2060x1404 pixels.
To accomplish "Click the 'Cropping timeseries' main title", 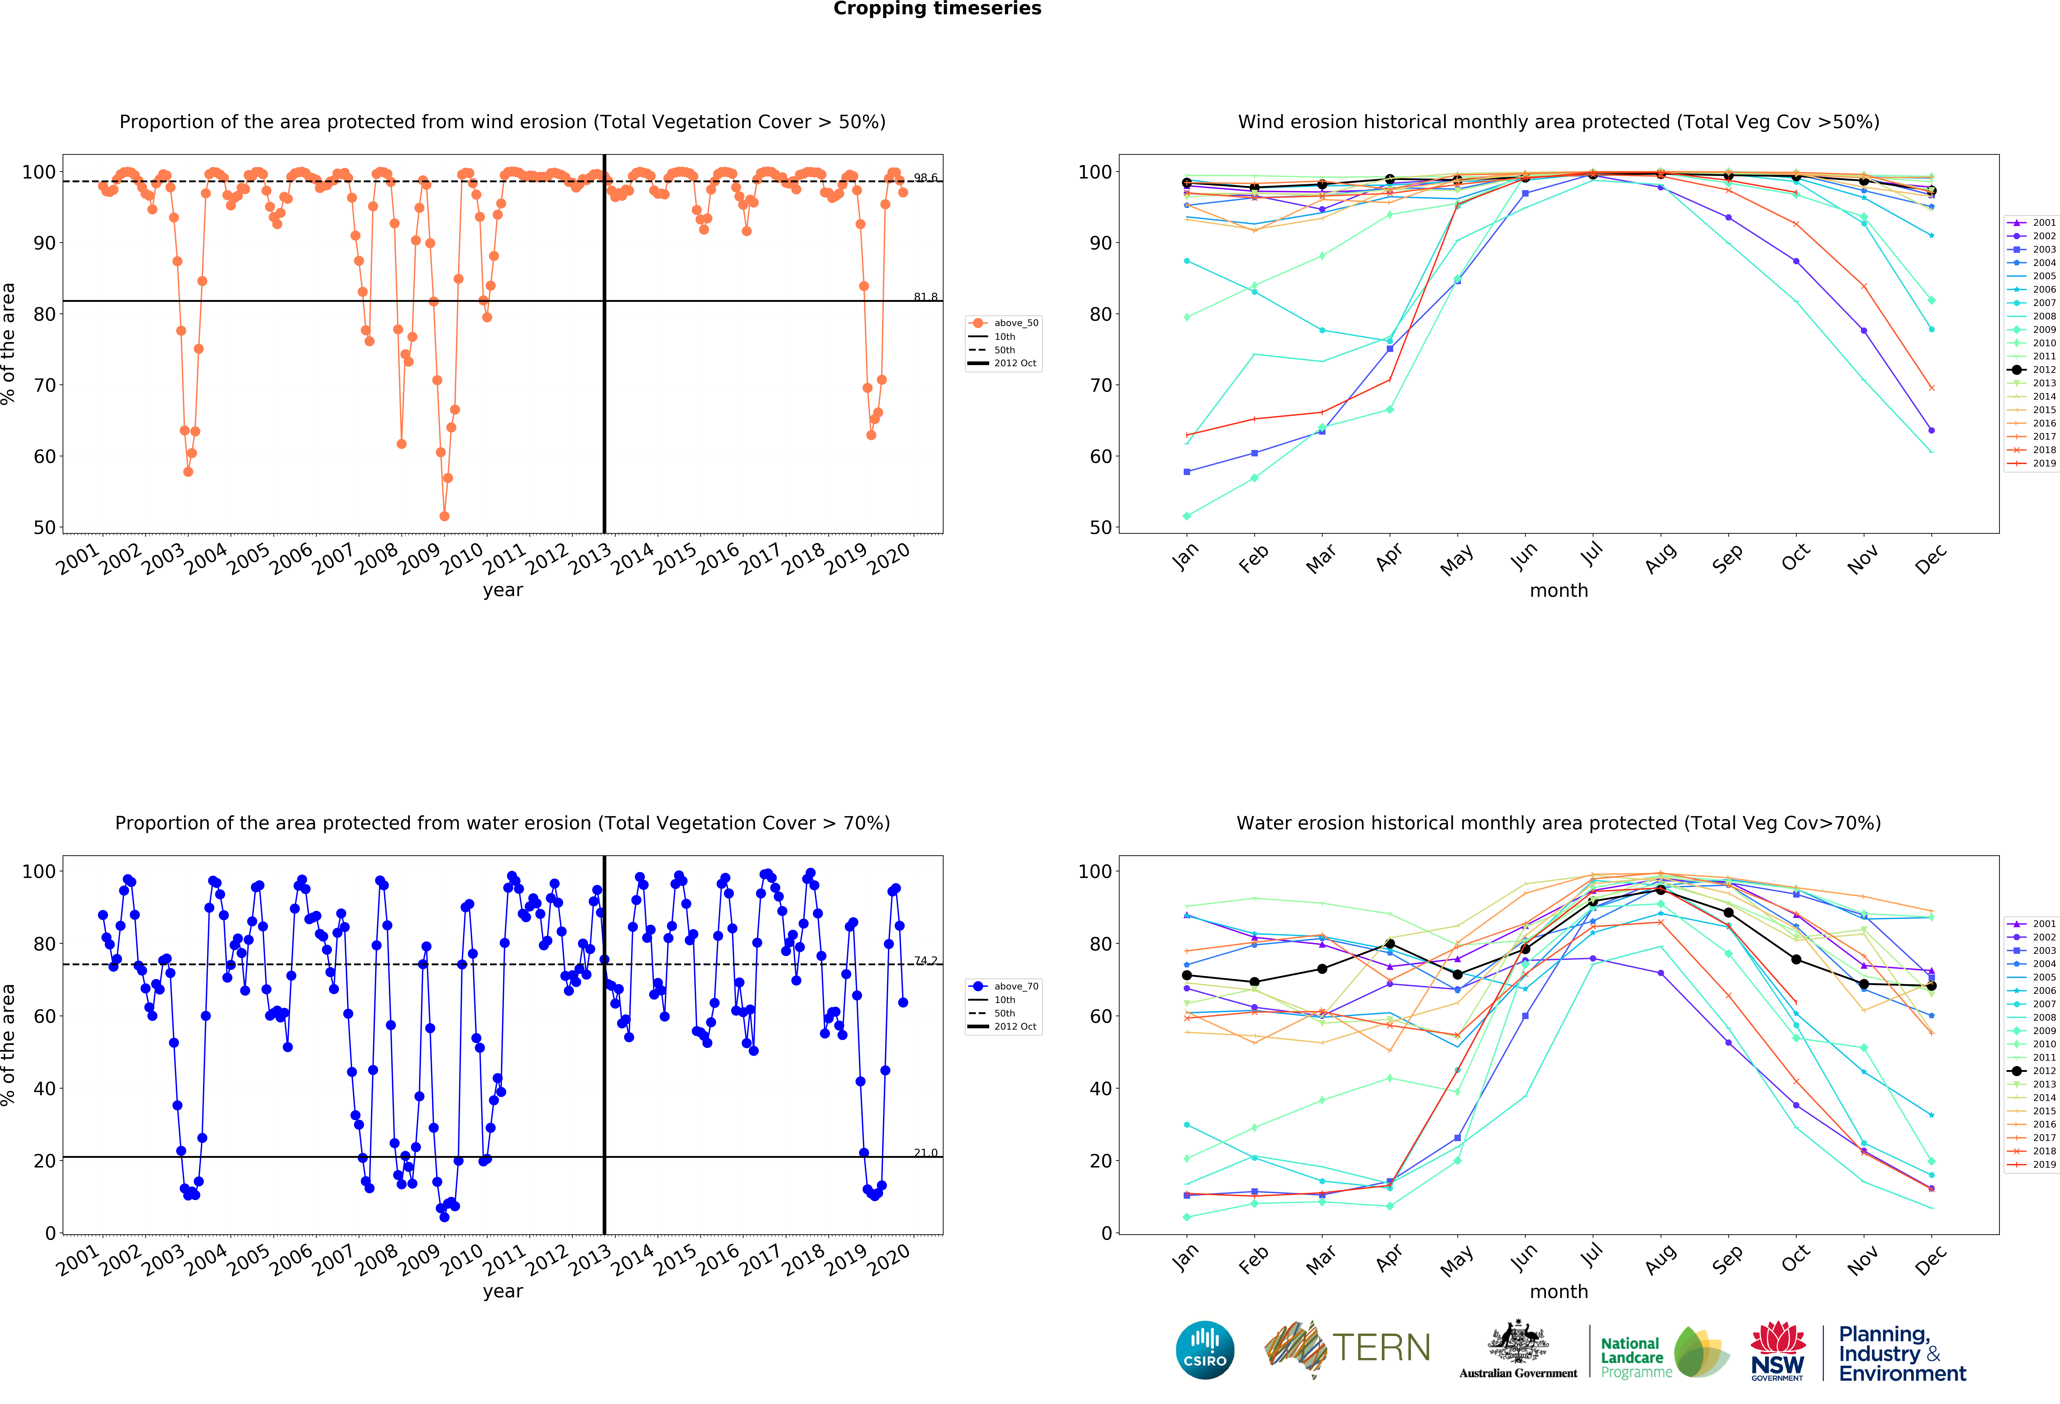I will pyautogui.click(x=937, y=9).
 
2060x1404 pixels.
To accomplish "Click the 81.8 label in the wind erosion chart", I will pyautogui.click(x=925, y=297).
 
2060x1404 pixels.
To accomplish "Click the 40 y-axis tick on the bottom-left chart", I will pyautogui.click(x=44, y=1089).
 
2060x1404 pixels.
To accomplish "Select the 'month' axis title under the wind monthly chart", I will pyautogui.click(x=1558, y=590).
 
